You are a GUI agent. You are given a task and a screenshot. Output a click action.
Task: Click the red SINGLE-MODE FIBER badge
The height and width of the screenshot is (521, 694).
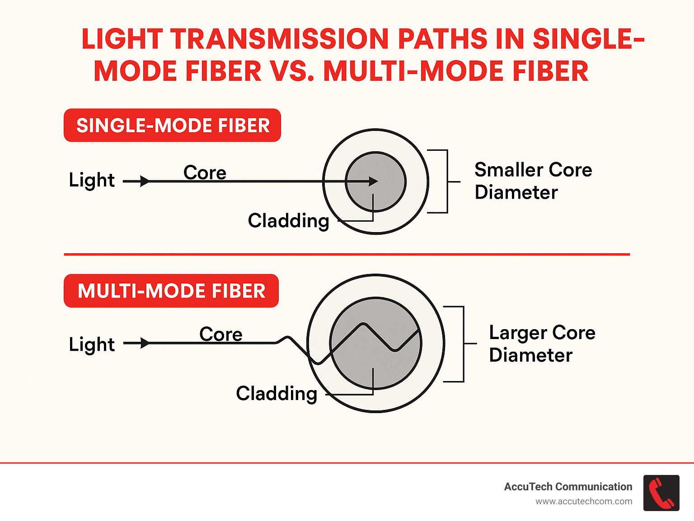pyautogui.click(x=172, y=126)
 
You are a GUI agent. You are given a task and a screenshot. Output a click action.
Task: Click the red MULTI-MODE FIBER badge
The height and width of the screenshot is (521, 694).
pyautogui.click(x=171, y=291)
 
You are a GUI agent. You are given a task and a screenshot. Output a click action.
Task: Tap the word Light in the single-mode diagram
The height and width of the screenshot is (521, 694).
pyautogui.click(x=92, y=180)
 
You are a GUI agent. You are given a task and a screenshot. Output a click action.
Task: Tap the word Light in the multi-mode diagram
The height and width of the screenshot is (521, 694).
pyautogui.click(x=92, y=344)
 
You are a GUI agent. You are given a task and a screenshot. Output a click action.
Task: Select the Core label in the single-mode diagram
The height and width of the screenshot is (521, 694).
pyautogui.click(x=205, y=172)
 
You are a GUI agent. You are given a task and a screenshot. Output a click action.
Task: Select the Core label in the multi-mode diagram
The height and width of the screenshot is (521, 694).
pyautogui.click(x=221, y=334)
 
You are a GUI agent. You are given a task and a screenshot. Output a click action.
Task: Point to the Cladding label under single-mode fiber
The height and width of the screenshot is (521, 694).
pyautogui.click(x=288, y=221)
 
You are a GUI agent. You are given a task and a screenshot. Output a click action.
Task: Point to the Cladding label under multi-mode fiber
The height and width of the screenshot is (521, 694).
pyautogui.click(x=277, y=393)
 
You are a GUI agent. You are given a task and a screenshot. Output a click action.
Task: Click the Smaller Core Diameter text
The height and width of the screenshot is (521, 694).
pyautogui.click(x=533, y=181)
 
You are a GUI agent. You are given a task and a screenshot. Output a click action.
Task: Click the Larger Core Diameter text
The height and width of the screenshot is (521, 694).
pyautogui.click(x=542, y=344)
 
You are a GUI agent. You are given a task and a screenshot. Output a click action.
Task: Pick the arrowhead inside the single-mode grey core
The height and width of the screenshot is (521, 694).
pyautogui.click(x=373, y=181)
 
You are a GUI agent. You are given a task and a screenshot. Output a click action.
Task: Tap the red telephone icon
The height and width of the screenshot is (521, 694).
pyautogui.click(x=661, y=493)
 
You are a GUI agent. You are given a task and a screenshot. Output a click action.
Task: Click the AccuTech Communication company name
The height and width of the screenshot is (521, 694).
pyautogui.click(x=568, y=487)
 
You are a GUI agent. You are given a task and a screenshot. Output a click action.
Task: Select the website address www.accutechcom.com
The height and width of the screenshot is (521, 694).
pyautogui.click(x=584, y=502)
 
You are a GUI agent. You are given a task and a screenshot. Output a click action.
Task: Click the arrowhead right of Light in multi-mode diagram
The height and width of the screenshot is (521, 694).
pyautogui.click(x=145, y=343)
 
